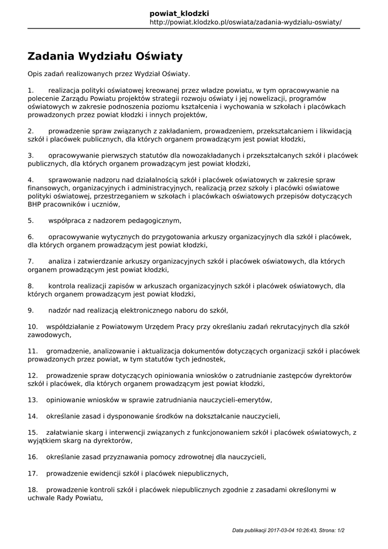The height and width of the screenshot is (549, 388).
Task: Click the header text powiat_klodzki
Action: (179, 13)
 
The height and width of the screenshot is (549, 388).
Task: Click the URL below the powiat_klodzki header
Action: (245, 22)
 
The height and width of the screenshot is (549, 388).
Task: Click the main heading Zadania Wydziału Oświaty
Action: (105, 56)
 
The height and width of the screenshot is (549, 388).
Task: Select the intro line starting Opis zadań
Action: (109, 73)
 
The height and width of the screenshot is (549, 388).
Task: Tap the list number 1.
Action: (31, 91)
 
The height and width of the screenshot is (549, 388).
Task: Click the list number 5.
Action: (31, 220)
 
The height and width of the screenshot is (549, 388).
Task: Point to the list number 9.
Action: (31, 310)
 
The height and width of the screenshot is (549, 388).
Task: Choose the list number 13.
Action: (33, 399)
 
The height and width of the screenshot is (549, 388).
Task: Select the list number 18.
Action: (33, 489)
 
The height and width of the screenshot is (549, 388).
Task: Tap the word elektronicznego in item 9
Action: (154, 310)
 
